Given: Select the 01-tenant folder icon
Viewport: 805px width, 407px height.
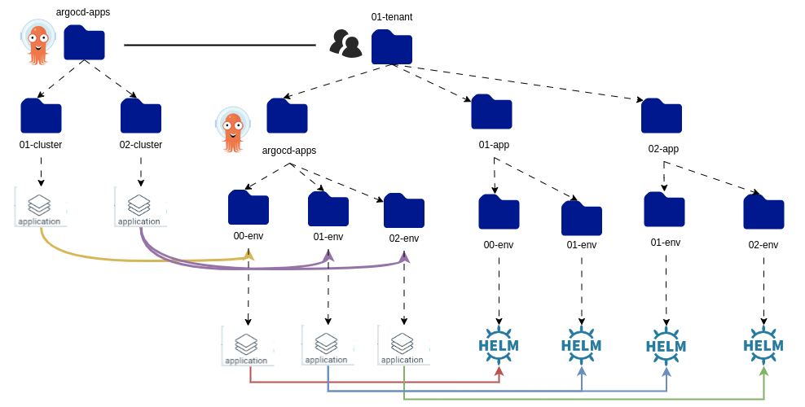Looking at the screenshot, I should click(391, 47).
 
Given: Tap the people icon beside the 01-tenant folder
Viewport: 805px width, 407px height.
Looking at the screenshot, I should click(345, 43).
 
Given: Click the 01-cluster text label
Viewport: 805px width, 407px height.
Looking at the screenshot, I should click(41, 145).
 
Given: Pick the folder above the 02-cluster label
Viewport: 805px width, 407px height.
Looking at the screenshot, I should click(141, 116).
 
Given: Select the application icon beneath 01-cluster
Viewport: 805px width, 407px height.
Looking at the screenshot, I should click(40, 207).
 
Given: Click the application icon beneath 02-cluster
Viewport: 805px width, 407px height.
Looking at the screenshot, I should click(139, 208).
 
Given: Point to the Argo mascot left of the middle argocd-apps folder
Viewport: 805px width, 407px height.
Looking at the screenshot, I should click(233, 129).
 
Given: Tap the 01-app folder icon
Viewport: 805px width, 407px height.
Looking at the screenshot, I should click(491, 112).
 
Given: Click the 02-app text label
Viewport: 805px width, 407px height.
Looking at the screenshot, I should click(663, 149).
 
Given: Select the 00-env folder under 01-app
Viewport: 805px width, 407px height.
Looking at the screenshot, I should click(499, 212).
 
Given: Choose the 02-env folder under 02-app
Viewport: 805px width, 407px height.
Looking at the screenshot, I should click(763, 212).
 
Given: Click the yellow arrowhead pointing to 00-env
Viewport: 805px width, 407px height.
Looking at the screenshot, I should click(249, 256).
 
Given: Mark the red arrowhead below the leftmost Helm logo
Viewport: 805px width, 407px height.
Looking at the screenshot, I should click(499, 371).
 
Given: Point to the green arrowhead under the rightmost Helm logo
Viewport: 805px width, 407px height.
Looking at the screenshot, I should click(763, 371).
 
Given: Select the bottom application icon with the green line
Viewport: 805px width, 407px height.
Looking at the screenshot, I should click(402, 345).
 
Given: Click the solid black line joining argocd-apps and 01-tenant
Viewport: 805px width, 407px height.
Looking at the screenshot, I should click(219, 45).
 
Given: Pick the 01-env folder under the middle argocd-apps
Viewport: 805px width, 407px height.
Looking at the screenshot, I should click(328, 209).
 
